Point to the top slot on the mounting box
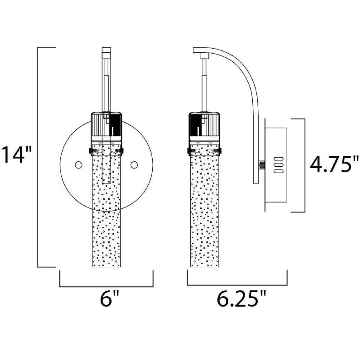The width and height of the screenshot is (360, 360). click(279, 159)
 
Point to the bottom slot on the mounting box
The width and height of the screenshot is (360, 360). click(279, 171)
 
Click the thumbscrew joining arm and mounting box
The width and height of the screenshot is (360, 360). click(261, 165)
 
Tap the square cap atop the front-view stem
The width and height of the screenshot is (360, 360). click(106, 50)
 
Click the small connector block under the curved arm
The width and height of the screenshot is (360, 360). click(203, 55)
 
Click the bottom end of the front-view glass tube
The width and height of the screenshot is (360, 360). click(106, 267)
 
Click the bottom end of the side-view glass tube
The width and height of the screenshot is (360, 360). click(204, 267)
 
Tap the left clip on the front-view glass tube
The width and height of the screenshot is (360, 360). click(92, 151)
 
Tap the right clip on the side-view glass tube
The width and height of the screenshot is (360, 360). click(219, 151)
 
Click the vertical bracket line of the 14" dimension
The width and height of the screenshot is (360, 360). click(38, 157)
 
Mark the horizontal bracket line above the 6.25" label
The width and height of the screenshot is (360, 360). click(237, 285)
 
